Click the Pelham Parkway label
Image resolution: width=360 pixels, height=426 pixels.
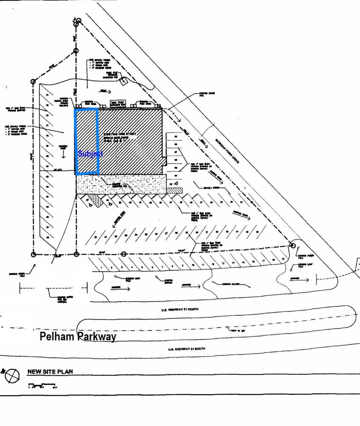click(x=78, y=337)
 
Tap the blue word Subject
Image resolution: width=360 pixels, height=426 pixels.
click(x=90, y=154)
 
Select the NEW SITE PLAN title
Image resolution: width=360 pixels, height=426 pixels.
click(x=50, y=372)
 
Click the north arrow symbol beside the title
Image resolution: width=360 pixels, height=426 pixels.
click(x=12, y=376)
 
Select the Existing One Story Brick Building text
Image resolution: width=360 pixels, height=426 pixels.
click(x=120, y=137)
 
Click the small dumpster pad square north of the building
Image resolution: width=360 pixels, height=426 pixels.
click(x=124, y=81)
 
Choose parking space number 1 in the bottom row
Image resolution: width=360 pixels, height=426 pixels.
click(x=102, y=268)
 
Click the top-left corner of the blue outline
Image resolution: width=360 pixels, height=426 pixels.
click(x=76, y=109)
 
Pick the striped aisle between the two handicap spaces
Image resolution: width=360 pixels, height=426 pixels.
click(x=95, y=201)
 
